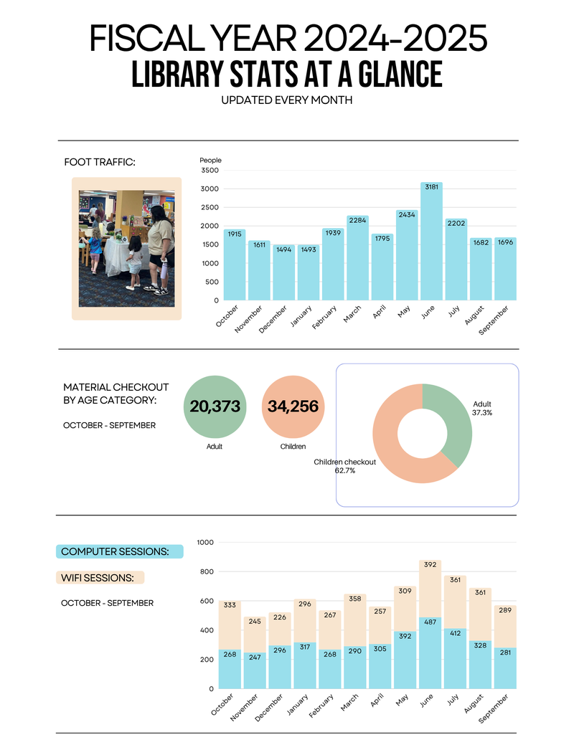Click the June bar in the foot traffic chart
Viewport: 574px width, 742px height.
[x=431, y=244]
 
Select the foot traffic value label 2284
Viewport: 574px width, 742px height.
[x=357, y=220]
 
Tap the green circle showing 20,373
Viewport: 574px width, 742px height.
[x=215, y=406]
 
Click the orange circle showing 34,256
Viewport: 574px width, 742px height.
[x=293, y=406]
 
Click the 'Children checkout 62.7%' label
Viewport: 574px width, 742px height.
[x=344, y=466]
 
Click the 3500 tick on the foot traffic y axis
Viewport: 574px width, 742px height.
[x=210, y=171]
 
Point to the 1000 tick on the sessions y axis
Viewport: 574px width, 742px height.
[x=205, y=543]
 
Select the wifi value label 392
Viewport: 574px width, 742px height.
[x=430, y=564]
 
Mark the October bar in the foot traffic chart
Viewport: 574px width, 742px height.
[x=235, y=265]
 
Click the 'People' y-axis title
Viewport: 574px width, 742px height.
[x=210, y=160]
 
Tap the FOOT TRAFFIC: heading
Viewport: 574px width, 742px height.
[x=99, y=163]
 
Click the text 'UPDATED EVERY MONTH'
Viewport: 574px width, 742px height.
[x=287, y=100]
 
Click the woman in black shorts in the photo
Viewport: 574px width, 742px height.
[x=159, y=247]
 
